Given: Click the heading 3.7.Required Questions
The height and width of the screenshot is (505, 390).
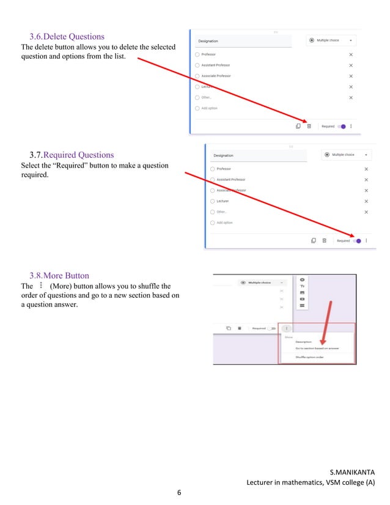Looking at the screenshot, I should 72,155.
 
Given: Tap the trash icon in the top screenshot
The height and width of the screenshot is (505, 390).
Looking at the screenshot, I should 309,127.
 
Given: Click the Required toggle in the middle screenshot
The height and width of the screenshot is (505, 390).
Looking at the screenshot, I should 357,241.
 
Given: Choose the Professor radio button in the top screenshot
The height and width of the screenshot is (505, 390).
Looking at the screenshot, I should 197,54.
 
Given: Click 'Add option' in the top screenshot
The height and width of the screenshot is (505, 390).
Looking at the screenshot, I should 209,108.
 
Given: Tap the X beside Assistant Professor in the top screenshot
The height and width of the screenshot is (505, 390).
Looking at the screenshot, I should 351,65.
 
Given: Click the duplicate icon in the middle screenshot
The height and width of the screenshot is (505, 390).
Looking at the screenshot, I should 313,241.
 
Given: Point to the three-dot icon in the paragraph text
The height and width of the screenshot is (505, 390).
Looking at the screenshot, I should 40,286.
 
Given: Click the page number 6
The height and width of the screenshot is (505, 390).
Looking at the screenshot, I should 180,492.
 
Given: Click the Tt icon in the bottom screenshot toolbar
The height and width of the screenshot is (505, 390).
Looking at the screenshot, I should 302,286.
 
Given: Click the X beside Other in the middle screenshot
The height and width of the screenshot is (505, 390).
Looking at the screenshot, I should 366,212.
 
